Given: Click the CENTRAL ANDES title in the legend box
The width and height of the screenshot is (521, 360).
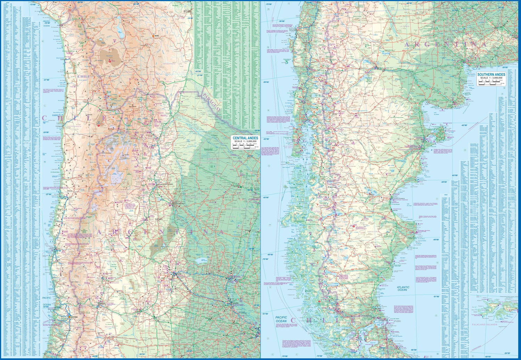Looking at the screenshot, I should tap(245, 138).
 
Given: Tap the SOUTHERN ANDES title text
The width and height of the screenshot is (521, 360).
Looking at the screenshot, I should tap(491, 75).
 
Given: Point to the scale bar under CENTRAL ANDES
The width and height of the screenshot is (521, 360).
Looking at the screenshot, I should tap(245, 148).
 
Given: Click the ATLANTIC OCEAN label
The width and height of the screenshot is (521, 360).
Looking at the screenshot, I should tap(403, 288).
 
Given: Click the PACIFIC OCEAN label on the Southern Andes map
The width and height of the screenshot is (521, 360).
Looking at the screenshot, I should tap(281, 319).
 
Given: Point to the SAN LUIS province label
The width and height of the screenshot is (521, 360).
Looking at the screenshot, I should tap(150, 326).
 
